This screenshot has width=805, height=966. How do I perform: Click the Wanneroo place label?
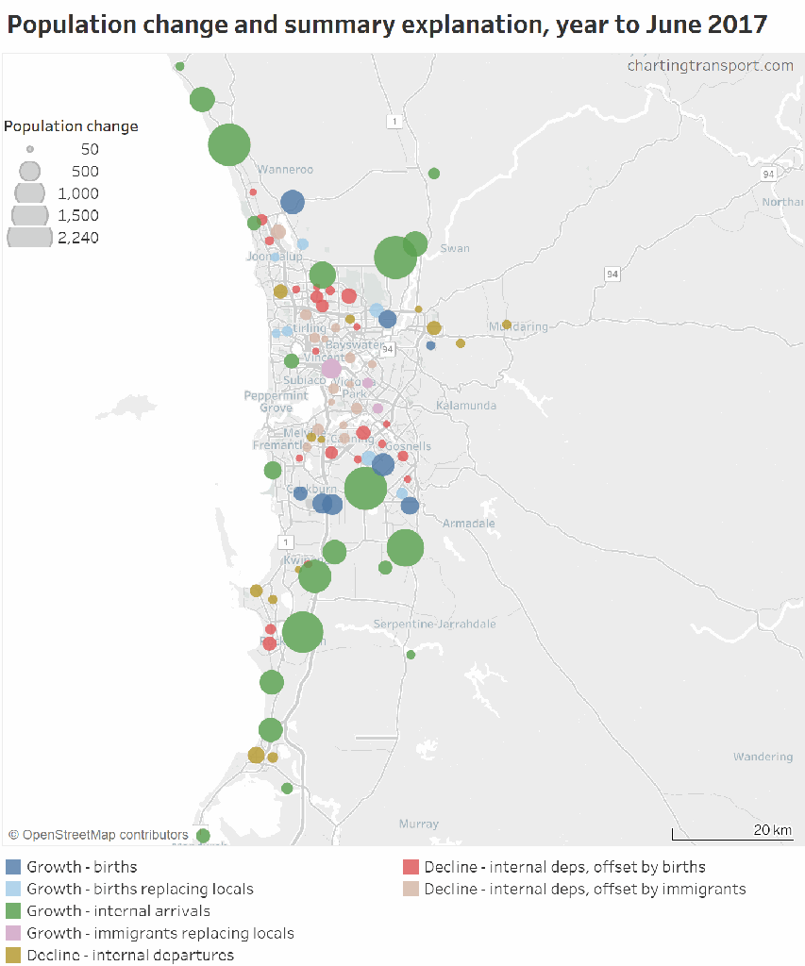(286, 170)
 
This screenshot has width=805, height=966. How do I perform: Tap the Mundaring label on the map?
(518, 327)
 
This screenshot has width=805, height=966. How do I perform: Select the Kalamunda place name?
(466, 406)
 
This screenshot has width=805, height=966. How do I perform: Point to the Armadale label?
(469, 524)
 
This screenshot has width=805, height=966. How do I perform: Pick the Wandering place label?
(763, 757)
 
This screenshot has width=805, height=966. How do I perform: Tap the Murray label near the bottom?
(418, 824)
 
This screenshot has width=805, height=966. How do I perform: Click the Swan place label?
(455, 249)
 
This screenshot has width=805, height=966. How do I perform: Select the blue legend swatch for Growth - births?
(14, 867)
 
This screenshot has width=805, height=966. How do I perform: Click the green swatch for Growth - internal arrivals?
(14, 911)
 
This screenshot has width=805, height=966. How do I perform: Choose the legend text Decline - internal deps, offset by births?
(564, 867)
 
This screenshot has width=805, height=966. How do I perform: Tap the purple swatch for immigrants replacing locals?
(14, 933)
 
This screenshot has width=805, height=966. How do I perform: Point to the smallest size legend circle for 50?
(30, 149)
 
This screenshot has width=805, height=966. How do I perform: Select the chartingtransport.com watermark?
(710, 65)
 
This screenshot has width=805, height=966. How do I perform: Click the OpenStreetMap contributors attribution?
(98, 835)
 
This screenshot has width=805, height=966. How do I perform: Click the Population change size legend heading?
(71, 126)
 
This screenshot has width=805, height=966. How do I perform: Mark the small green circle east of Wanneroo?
(434, 174)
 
